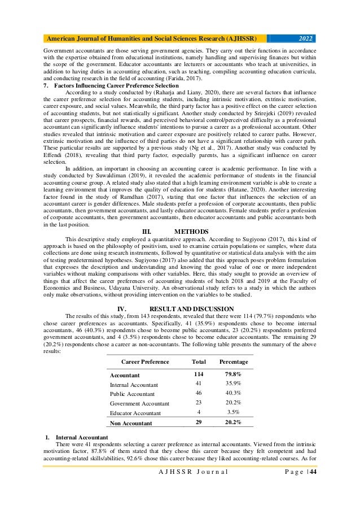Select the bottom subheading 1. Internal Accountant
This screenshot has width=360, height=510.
tap(79, 437)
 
